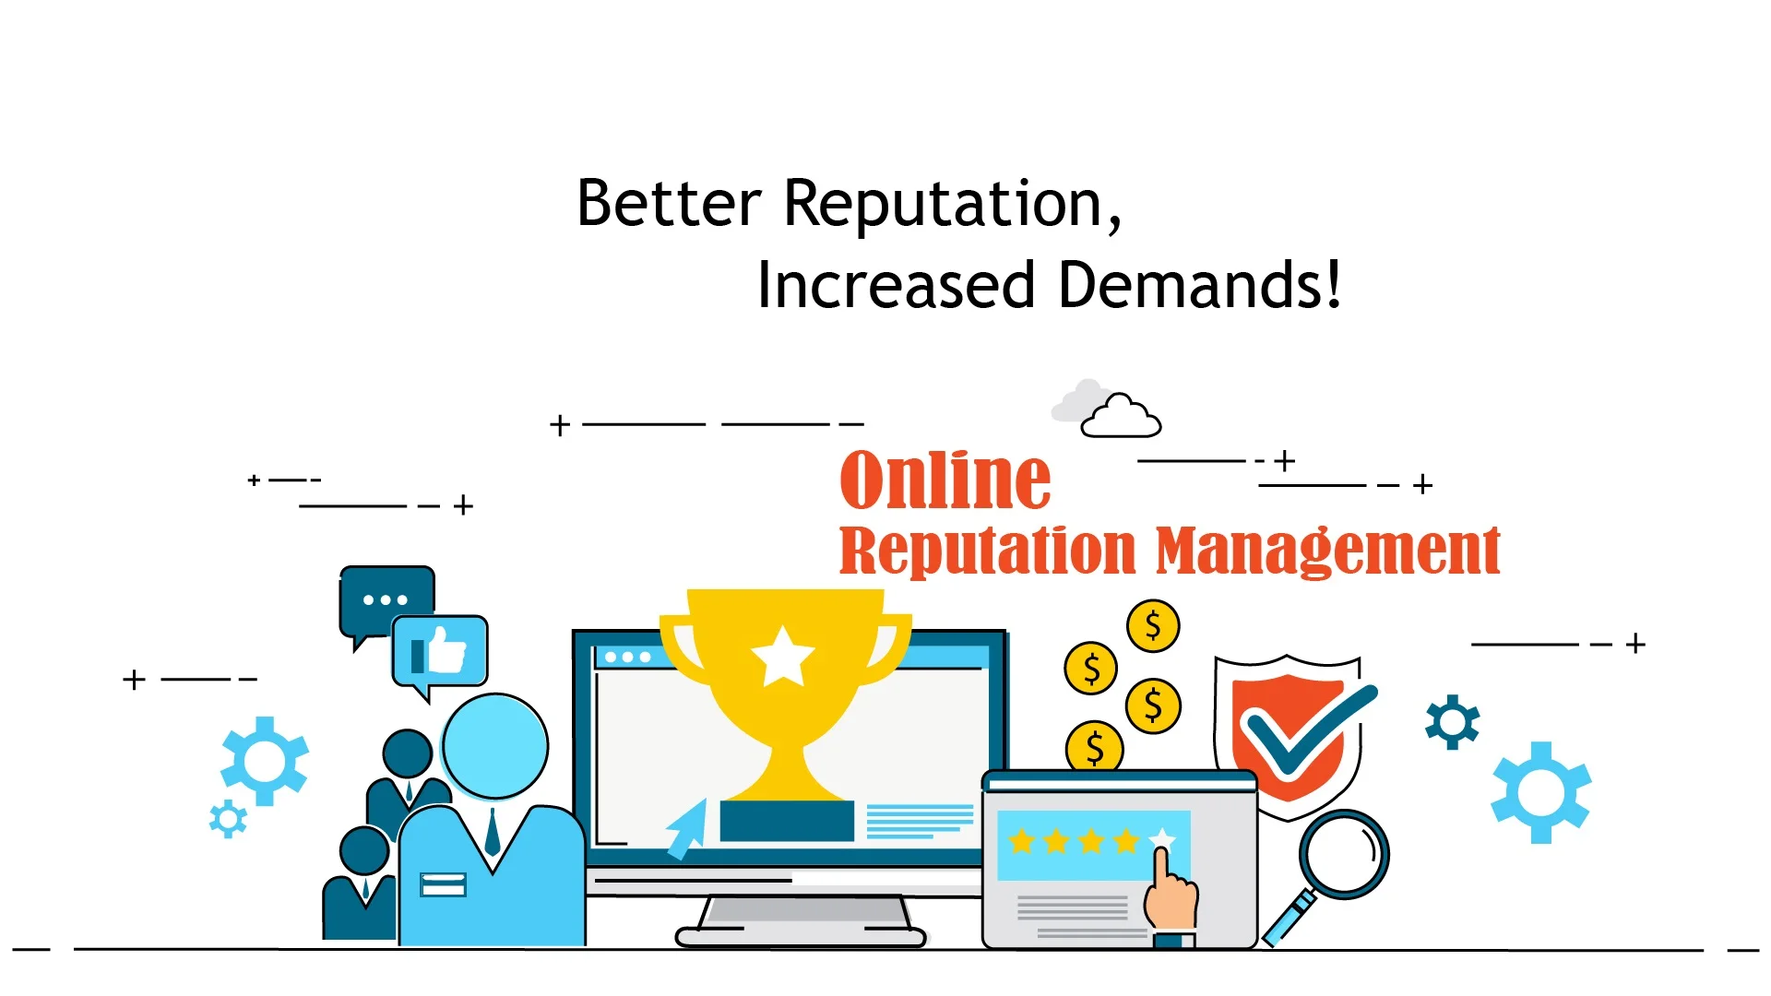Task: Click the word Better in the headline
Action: coord(669,203)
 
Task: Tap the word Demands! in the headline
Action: coord(1199,284)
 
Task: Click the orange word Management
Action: coord(1328,551)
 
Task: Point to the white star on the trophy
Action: coord(783,656)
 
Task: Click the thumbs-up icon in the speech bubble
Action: coord(439,651)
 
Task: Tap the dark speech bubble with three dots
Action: coord(386,601)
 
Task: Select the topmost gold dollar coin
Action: coord(1153,626)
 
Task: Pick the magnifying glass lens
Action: coord(1344,855)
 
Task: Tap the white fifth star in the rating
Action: coord(1162,839)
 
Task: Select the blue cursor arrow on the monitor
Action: coord(687,828)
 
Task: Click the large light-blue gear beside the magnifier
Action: coord(1541,792)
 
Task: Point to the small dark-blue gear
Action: coord(1453,721)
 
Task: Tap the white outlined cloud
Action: coord(1122,417)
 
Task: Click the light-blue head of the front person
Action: coord(495,746)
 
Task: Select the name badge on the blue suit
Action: coord(443,884)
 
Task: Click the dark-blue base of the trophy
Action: coord(787,821)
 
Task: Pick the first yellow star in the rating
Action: coord(1022,840)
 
